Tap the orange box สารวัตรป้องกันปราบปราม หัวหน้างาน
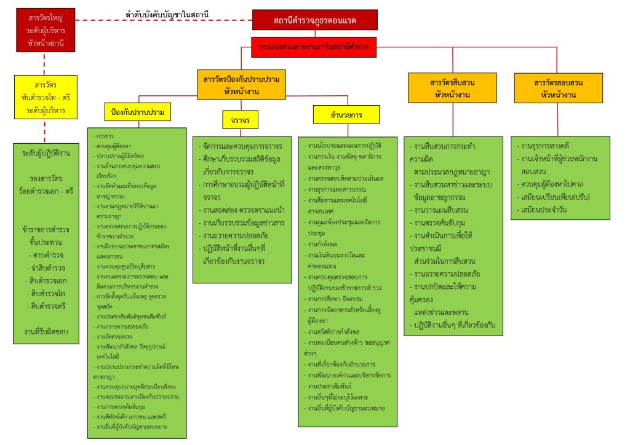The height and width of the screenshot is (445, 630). [x=242, y=85]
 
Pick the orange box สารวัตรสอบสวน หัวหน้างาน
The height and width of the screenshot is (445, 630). [x=558, y=88]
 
